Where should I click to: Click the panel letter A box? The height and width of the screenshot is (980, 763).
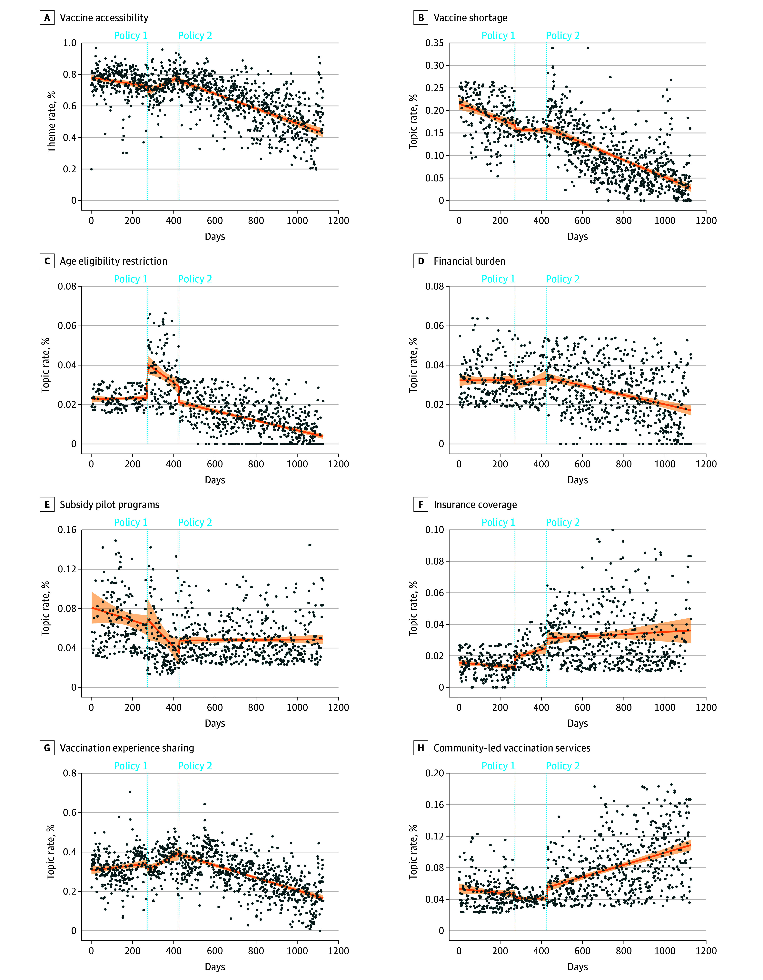(47, 18)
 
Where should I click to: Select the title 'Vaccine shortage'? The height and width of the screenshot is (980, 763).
(470, 18)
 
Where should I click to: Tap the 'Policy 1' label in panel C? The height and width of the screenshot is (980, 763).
(131, 279)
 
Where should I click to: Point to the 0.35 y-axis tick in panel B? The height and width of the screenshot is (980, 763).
(434, 43)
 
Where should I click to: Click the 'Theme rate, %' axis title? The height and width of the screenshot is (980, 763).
(52, 122)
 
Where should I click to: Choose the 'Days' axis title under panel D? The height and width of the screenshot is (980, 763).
(578, 480)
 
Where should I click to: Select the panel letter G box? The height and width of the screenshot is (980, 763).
(47, 748)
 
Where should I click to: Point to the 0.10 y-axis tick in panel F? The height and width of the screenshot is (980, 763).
(434, 530)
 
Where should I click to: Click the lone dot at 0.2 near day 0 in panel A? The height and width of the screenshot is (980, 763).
(92, 169)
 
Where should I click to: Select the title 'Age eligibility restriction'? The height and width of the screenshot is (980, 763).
(114, 261)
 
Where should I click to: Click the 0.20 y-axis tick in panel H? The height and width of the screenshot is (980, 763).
(434, 773)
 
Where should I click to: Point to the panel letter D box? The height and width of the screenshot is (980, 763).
(421, 261)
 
